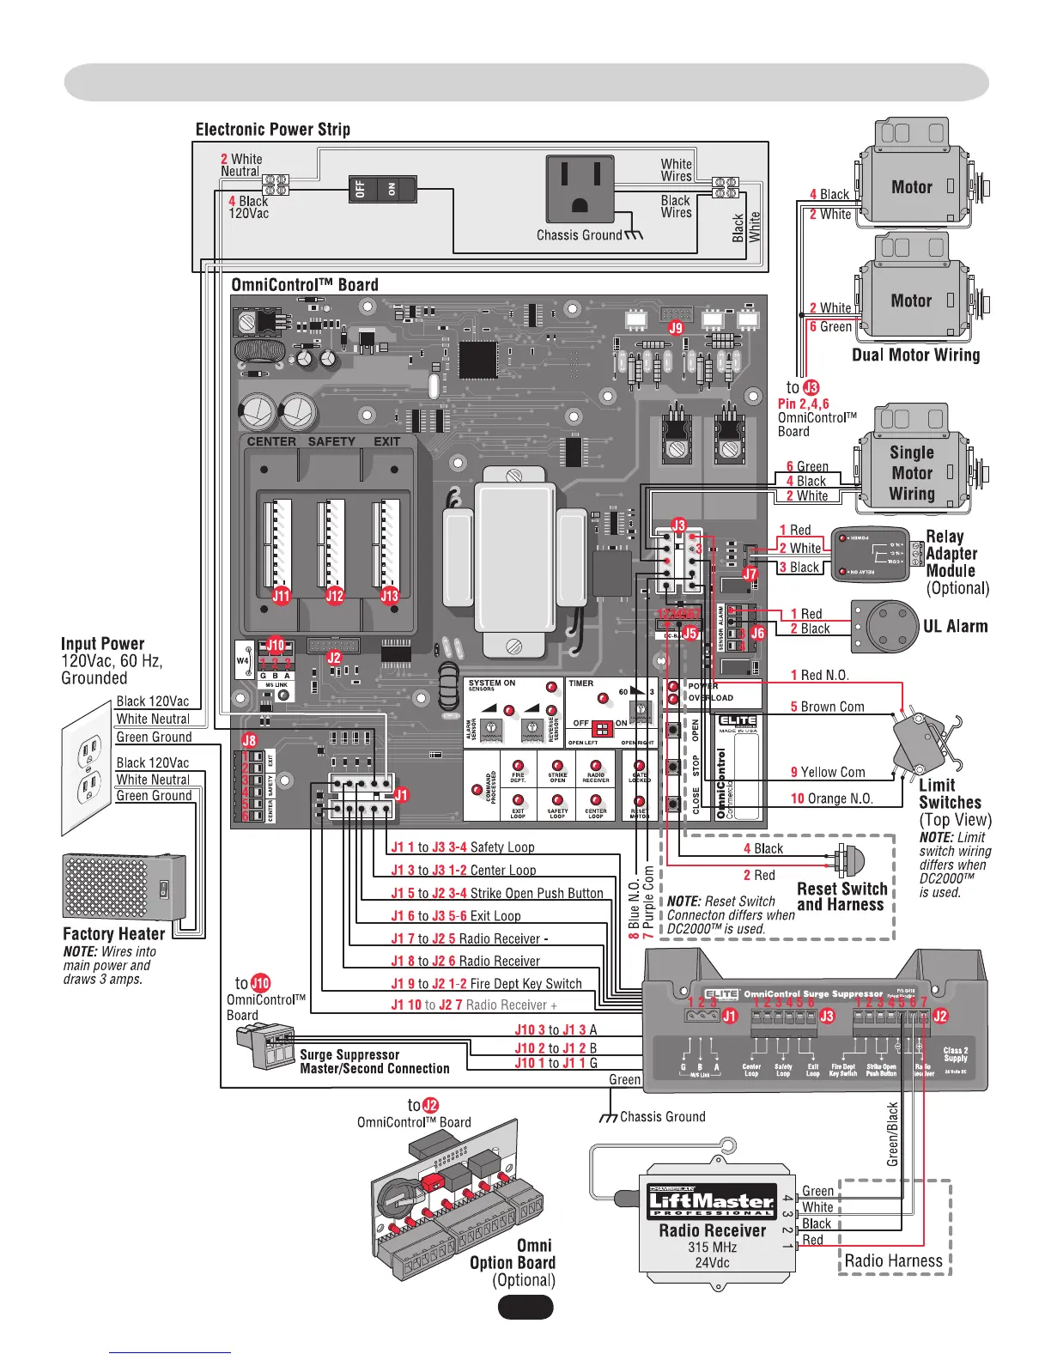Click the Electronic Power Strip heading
(x=272, y=130)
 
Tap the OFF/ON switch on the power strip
(x=382, y=188)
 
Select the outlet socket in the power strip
(x=580, y=188)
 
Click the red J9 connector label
(x=676, y=327)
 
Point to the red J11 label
(x=282, y=595)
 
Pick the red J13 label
(x=390, y=595)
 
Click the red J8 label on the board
(x=249, y=740)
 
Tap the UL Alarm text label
(x=955, y=627)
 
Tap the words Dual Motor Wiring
(x=915, y=355)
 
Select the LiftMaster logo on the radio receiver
(x=711, y=1202)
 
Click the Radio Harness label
(x=893, y=1260)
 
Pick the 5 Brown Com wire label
(x=827, y=707)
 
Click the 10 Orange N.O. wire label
(x=831, y=798)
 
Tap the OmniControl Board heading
(x=304, y=285)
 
